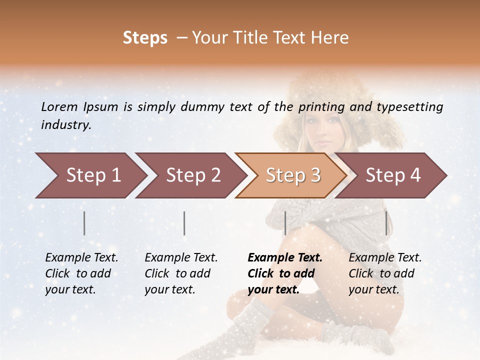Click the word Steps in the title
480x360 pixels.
click(145, 38)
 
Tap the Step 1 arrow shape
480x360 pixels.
click(90, 175)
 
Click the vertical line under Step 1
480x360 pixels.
click(84, 223)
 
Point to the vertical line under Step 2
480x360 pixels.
click(184, 223)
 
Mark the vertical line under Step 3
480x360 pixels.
click(285, 223)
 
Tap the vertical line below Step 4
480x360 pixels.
click(386, 223)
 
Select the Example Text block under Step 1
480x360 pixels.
click(81, 273)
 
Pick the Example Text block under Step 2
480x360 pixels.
click(181, 273)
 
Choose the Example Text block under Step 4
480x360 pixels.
click(385, 273)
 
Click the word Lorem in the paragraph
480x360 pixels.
click(59, 106)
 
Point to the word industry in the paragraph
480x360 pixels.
click(66, 125)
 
